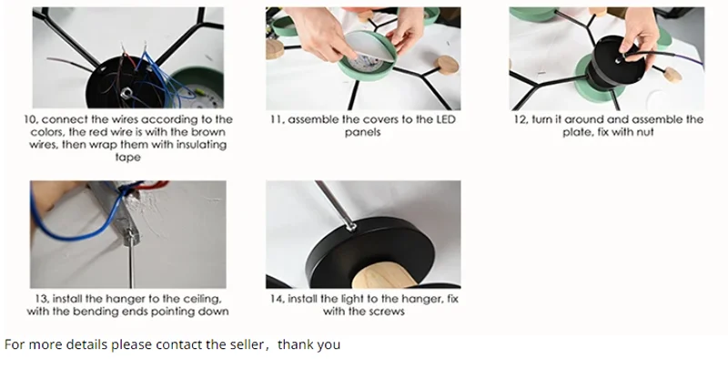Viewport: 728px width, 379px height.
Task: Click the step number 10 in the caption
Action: [31, 120]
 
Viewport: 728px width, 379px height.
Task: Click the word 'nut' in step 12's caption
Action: [645, 132]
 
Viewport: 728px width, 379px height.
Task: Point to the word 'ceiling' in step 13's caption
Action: [200, 299]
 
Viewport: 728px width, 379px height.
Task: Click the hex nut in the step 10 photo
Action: [126, 94]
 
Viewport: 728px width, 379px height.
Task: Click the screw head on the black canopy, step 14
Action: [351, 227]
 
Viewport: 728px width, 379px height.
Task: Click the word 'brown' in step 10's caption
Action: [208, 132]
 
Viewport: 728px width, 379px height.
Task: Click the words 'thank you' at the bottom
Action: [308, 344]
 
